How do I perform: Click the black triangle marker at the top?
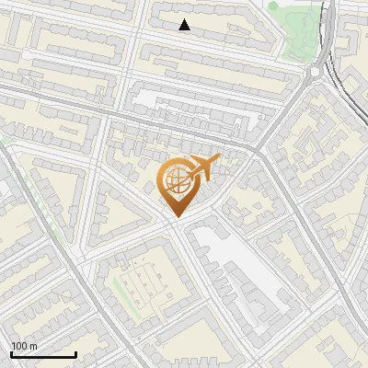click(185, 25)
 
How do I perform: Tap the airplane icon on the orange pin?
click(201, 167)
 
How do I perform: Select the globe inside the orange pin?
click(176, 182)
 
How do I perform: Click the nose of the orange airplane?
click(218, 159)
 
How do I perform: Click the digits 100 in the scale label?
click(18, 346)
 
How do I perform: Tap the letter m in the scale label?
click(33, 346)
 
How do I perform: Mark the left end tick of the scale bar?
click(11, 354)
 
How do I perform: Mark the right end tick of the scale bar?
click(76, 354)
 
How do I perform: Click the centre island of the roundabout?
click(317, 72)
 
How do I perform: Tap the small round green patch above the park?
click(273, 6)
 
